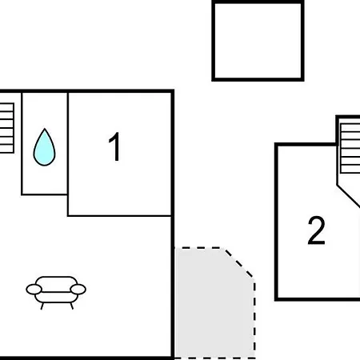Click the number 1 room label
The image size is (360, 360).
(x=115, y=147)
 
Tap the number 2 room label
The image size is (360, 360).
(x=317, y=230)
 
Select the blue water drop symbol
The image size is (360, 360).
(x=44, y=147)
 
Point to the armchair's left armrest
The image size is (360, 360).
(x=34, y=290)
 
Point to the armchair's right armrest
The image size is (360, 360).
(x=78, y=290)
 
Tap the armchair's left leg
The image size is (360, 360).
(x=42, y=306)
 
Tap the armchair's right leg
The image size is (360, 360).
(x=72, y=306)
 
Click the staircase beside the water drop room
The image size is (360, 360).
(x=7, y=128)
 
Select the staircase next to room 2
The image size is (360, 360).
(x=350, y=148)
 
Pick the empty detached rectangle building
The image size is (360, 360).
(x=258, y=41)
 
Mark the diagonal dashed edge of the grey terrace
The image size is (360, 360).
(x=238, y=262)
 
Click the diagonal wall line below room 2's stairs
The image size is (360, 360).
(x=348, y=195)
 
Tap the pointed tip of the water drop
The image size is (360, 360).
(x=45, y=129)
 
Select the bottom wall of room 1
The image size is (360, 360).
(x=119, y=215)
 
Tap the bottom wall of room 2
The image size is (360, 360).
(x=318, y=299)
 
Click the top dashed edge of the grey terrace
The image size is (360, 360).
(x=198, y=248)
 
